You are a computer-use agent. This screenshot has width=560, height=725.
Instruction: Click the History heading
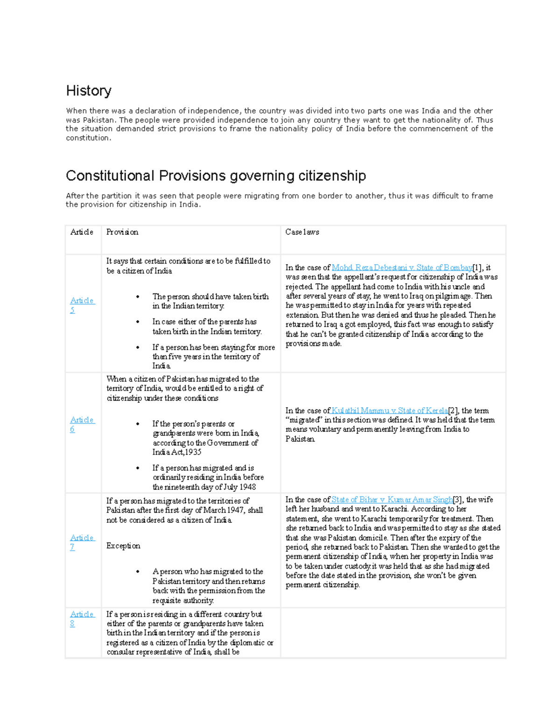click(89, 91)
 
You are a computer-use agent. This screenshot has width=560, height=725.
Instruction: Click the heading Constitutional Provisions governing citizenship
click(216, 176)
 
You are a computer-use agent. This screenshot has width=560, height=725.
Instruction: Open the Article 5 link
click(82, 305)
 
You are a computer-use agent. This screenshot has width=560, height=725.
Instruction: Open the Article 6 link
click(82, 424)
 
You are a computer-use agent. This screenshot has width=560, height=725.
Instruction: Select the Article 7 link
click(82, 542)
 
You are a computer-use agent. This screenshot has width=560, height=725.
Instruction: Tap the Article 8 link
click(82, 619)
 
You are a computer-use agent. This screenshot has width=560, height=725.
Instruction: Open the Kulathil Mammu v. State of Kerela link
click(389, 411)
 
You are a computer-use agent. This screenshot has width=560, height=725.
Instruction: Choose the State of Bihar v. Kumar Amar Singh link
click(392, 500)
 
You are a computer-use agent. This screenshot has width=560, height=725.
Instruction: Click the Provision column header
click(122, 232)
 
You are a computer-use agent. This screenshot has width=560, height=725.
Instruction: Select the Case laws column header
click(302, 232)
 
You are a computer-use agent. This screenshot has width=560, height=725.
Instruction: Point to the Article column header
click(82, 232)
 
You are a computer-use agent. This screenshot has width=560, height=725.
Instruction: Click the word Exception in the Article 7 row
click(123, 546)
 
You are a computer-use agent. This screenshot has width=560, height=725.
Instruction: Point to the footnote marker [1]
click(477, 267)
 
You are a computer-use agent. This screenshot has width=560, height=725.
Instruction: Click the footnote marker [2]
click(453, 411)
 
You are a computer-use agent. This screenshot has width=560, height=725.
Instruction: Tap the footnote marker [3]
click(457, 500)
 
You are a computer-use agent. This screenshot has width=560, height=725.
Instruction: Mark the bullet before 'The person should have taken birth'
click(138, 297)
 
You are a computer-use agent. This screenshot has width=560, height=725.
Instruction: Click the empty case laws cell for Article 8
click(393, 633)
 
